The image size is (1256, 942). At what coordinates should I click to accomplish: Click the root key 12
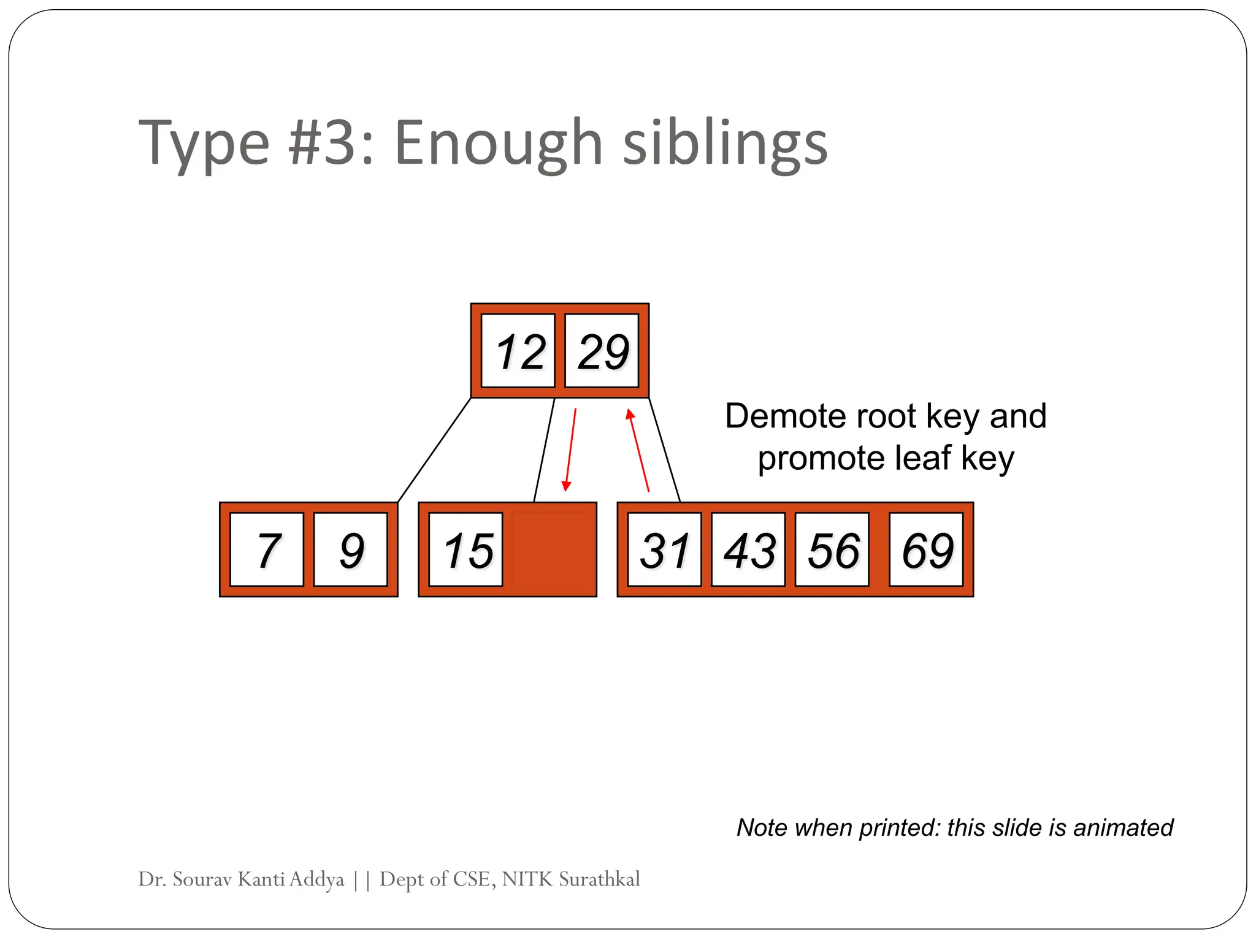point(518,351)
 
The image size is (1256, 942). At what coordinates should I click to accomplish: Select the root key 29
point(602,351)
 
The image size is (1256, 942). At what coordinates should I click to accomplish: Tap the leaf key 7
point(267,549)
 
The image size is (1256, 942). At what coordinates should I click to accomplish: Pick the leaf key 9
point(351,549)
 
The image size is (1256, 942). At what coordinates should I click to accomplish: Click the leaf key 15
point(466,549)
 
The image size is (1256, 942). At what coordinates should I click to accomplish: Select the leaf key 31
point(665,549)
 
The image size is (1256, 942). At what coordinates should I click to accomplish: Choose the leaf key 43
point(748,549)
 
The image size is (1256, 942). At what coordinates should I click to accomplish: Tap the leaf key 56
point(832,549)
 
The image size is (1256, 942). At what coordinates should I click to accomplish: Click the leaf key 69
point(926,549)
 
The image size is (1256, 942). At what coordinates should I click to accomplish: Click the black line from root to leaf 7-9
point(434,450)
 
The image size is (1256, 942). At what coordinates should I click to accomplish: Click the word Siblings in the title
point(725,144)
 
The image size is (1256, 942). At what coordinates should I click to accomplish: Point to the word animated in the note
point(1123,827)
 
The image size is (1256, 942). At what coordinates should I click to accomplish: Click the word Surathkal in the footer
point(599,879)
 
